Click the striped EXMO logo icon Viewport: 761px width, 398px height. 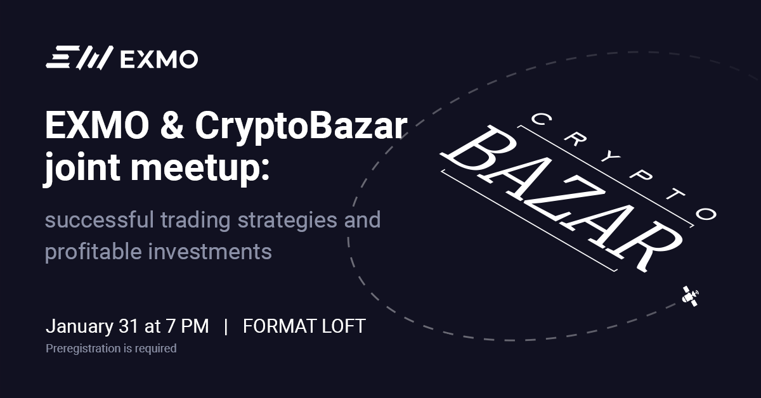[79, 58]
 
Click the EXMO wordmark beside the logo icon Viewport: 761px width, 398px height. [159, 59]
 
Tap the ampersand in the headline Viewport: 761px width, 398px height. [172, 125]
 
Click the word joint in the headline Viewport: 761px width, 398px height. [82, 168]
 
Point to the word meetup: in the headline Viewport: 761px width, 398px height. [200, 169]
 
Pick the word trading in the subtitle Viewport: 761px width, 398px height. [196, 221]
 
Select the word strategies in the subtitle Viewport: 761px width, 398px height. [287, 221]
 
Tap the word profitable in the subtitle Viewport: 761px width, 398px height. [93, 252]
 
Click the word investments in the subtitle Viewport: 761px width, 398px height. [210, 252]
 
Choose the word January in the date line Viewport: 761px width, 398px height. [79, 326]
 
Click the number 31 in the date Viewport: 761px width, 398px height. [129, 326]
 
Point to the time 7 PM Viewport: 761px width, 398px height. [187, 326]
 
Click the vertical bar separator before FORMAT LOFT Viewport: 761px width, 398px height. [226, 326]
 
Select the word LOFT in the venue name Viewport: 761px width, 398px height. [344, 326]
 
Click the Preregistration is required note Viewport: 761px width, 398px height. [111, 349]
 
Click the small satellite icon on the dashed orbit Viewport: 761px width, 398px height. [691, 296]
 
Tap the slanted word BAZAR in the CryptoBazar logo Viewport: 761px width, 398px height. [561, 198]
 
